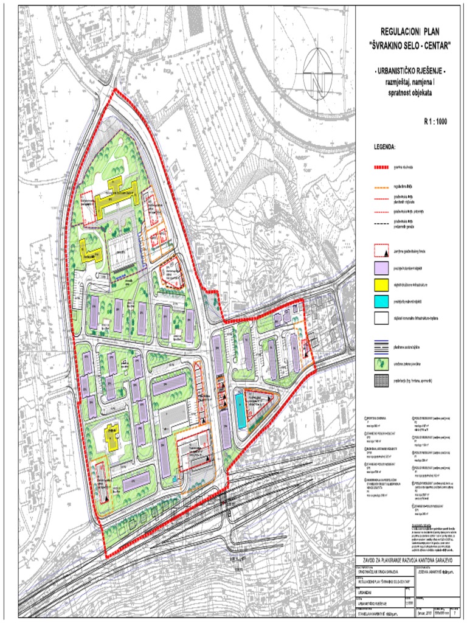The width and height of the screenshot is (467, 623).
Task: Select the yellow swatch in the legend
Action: (381, 284)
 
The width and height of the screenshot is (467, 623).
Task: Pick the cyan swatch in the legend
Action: (381, 301)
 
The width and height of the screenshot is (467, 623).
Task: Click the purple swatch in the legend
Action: (381, 268)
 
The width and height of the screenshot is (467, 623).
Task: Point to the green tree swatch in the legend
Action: (381, 364)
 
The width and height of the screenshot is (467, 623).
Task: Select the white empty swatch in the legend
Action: (381, 318)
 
